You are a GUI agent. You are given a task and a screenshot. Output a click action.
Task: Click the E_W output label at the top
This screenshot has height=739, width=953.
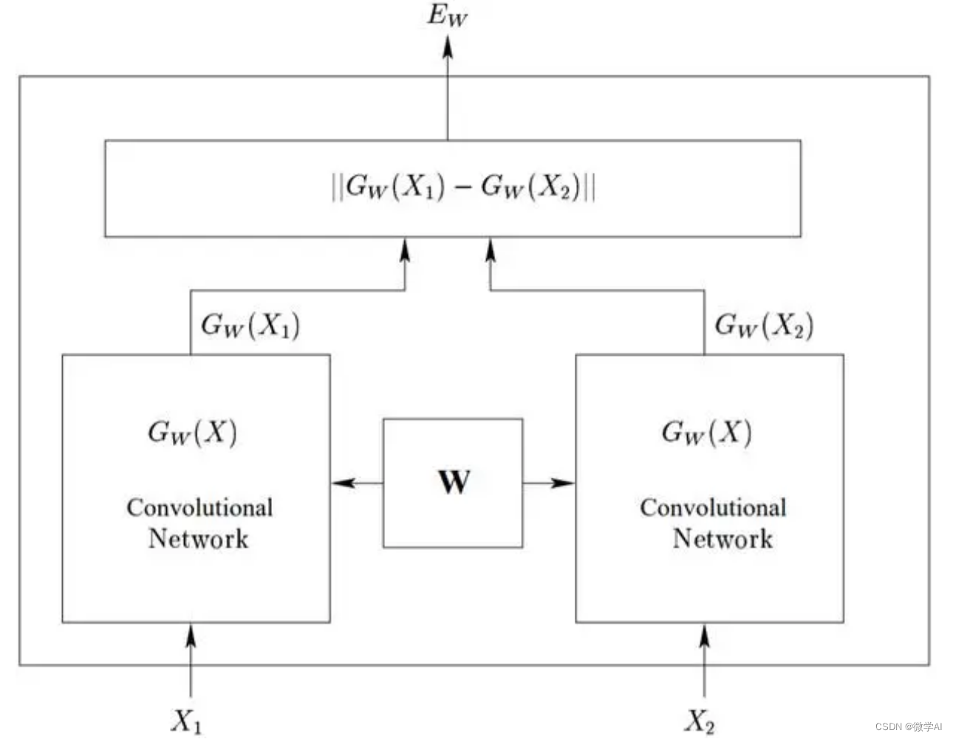447,16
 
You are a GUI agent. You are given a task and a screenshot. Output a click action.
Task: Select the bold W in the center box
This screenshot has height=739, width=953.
453,482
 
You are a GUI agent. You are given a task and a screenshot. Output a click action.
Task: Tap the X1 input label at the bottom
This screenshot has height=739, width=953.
186,721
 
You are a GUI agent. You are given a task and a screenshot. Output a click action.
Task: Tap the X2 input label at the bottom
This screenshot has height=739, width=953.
700,721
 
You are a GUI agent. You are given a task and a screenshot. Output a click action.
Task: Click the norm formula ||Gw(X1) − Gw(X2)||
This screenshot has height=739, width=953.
463,187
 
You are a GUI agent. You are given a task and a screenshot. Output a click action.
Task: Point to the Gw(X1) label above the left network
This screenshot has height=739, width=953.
250,325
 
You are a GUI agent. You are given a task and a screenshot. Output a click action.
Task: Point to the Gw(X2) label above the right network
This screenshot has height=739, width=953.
764,325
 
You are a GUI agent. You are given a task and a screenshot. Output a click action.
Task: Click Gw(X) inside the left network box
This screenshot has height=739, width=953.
193,432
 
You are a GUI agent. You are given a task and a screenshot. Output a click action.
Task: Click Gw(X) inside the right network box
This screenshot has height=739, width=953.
706,432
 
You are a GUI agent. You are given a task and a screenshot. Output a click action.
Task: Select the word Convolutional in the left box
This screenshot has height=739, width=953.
199,507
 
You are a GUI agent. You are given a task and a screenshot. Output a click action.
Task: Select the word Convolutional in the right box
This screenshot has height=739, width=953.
713,507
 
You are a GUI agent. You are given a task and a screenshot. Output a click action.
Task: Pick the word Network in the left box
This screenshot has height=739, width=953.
198,538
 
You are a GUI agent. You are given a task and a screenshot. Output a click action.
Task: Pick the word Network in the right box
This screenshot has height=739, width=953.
722,538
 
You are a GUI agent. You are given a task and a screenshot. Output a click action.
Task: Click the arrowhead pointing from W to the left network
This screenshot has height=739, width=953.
342,483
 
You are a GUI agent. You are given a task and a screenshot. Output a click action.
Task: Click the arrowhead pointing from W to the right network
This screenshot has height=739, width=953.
564,483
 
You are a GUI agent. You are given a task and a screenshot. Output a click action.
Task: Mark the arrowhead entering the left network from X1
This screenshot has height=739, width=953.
191,635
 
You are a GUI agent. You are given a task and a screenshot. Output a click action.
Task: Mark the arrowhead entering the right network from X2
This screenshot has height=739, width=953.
704,635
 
